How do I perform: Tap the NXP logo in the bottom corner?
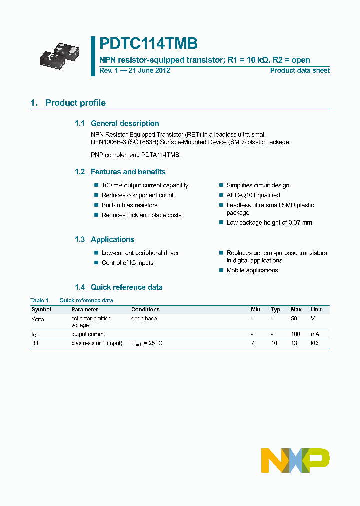point(295,460)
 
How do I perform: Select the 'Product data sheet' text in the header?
point(300,70)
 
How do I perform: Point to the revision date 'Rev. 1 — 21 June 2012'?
point(135,70)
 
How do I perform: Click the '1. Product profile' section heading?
point(68,103)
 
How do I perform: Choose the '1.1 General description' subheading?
point(117,123)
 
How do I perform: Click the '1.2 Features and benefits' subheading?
point(120,172)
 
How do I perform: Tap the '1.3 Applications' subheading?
point(104,239)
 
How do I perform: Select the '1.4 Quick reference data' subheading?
point(118,287)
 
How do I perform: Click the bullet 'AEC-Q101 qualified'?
point(253,195)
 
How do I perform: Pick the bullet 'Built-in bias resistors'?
point(129,205)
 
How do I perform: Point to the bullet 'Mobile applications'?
point(252,270)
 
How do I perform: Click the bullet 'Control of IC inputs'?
point(127,263)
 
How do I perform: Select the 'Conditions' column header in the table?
point(145,310)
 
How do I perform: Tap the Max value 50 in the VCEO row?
point(294,319)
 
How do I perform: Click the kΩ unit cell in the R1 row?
point(314,343)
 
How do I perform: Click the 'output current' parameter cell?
point(88,334)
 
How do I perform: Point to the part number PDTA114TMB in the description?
point(159,155)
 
